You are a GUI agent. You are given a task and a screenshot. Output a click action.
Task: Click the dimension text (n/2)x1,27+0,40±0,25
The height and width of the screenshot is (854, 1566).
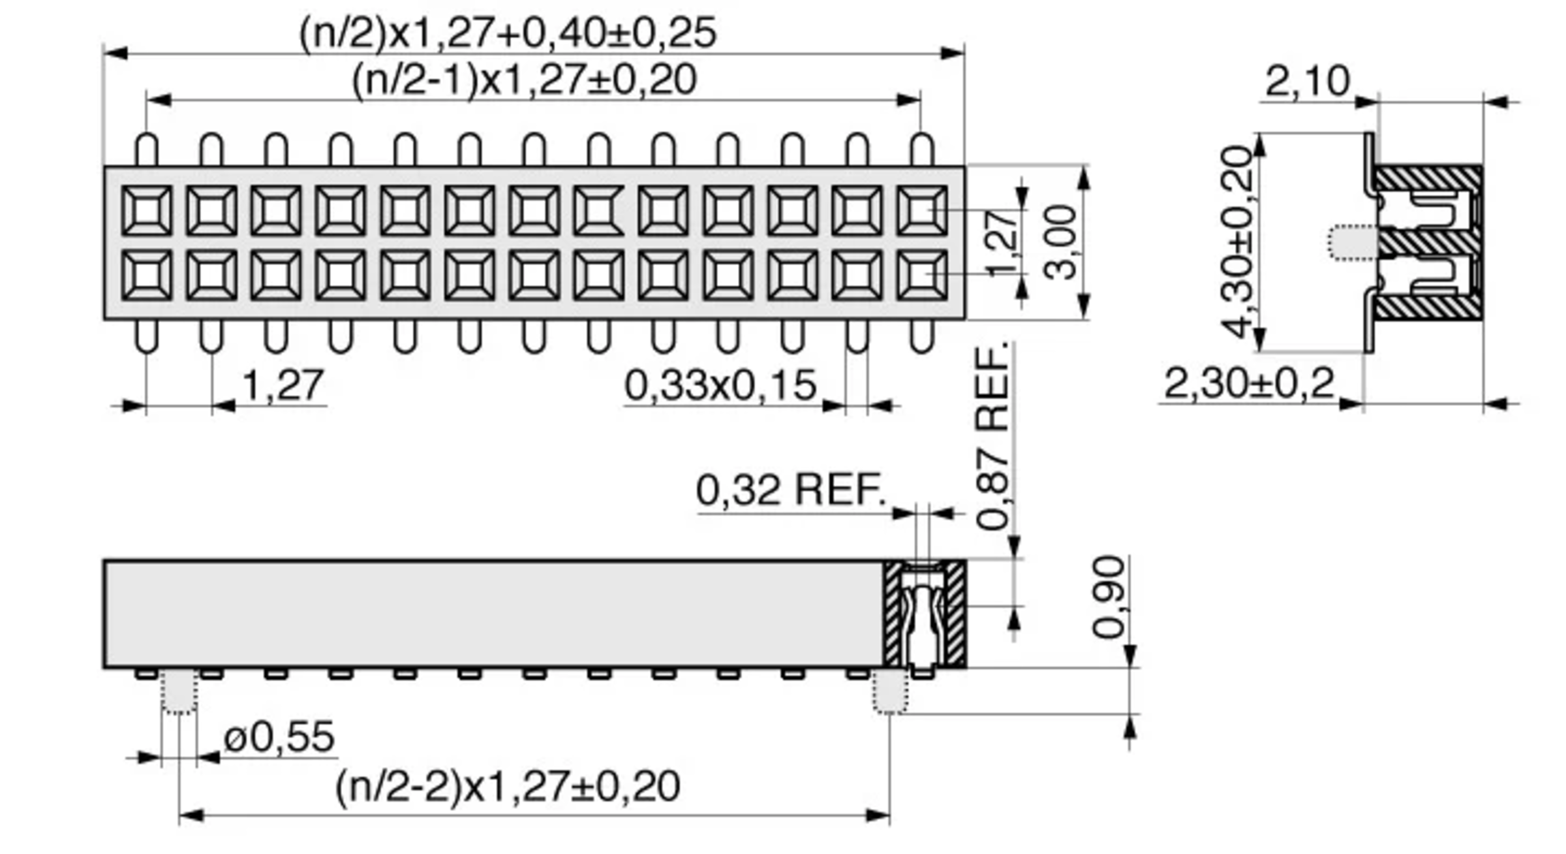pos(508,33)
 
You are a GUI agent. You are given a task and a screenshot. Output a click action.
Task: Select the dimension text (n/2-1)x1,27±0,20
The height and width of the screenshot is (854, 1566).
pos(524,80)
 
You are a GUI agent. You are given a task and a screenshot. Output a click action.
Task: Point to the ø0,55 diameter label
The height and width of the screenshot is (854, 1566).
pos(279,737)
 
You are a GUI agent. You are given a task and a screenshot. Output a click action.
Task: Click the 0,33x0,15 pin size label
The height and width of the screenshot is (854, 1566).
pos(720,385)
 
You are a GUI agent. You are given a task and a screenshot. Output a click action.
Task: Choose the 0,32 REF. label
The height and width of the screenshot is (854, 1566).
pos(791,490)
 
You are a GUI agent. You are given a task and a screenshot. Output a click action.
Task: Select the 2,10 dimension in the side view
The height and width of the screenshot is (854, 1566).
pos(1307,82)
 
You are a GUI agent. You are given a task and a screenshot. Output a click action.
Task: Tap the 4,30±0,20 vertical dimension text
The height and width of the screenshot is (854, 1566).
pos(1237,242)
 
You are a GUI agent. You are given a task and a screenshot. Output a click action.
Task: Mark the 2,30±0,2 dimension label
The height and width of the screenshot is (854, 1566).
pos(1249,384)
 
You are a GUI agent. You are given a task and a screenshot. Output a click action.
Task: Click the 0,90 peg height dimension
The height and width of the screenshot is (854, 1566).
pos(1109,597)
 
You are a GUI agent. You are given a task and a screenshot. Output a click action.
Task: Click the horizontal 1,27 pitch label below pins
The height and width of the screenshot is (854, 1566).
pos(283,385)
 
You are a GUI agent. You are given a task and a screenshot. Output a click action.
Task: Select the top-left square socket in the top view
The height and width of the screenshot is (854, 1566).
pos(147,210)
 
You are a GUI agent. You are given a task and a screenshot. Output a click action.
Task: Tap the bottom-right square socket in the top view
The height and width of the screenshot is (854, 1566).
pos(921,275)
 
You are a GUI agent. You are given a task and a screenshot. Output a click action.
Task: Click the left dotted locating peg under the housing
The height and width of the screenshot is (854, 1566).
pos(179,691)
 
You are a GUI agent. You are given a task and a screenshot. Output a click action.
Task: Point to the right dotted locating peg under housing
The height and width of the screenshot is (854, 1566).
pos(890,691)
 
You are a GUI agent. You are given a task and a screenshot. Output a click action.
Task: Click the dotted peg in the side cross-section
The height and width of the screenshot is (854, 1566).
pos(1352,242)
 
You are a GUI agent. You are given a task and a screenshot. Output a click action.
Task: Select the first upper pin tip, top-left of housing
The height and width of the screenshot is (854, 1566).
pos(147,149)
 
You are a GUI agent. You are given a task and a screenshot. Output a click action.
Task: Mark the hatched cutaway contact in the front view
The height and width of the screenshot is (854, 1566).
pos(925,614)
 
